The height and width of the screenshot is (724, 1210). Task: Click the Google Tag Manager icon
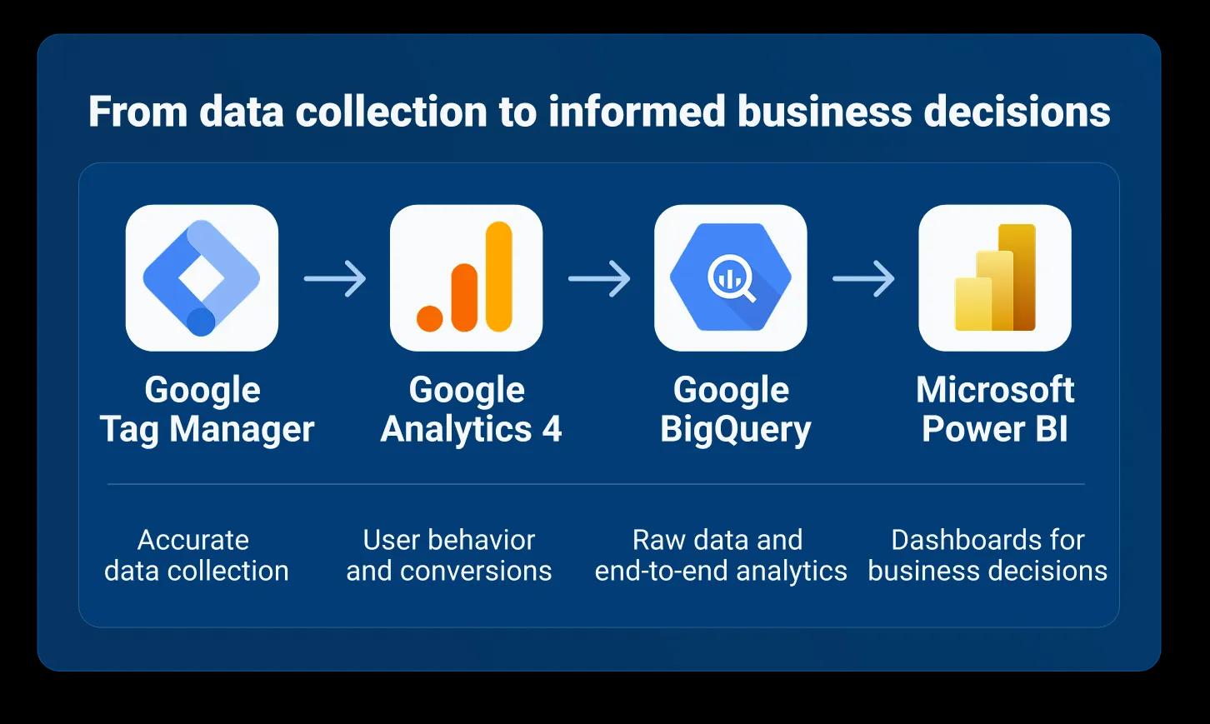point(202,278)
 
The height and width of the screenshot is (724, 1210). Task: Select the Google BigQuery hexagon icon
point(731,277)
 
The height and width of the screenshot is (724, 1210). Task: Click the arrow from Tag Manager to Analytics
point(335,278)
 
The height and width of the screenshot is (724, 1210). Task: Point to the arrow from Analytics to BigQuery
point(599,278)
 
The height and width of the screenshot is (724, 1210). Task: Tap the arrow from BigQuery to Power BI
point(863,278)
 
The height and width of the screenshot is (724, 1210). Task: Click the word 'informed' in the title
point(637,111)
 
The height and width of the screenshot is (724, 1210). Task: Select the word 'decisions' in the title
point(1017,111)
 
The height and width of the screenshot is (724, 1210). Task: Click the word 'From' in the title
point(137,111)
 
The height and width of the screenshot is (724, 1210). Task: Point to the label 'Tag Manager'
point(207,430)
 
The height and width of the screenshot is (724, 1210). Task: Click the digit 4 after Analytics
point(552,429)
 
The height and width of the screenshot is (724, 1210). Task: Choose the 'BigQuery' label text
point(736,430)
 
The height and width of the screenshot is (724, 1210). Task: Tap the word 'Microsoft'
point(995,390)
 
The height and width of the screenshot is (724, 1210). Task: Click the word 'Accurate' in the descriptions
point(193,540)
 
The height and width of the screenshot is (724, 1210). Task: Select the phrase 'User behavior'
point(449,540)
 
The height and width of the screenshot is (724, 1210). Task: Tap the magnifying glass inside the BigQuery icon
point(732,278)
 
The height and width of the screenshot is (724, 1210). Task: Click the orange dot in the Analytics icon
point(429,318)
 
